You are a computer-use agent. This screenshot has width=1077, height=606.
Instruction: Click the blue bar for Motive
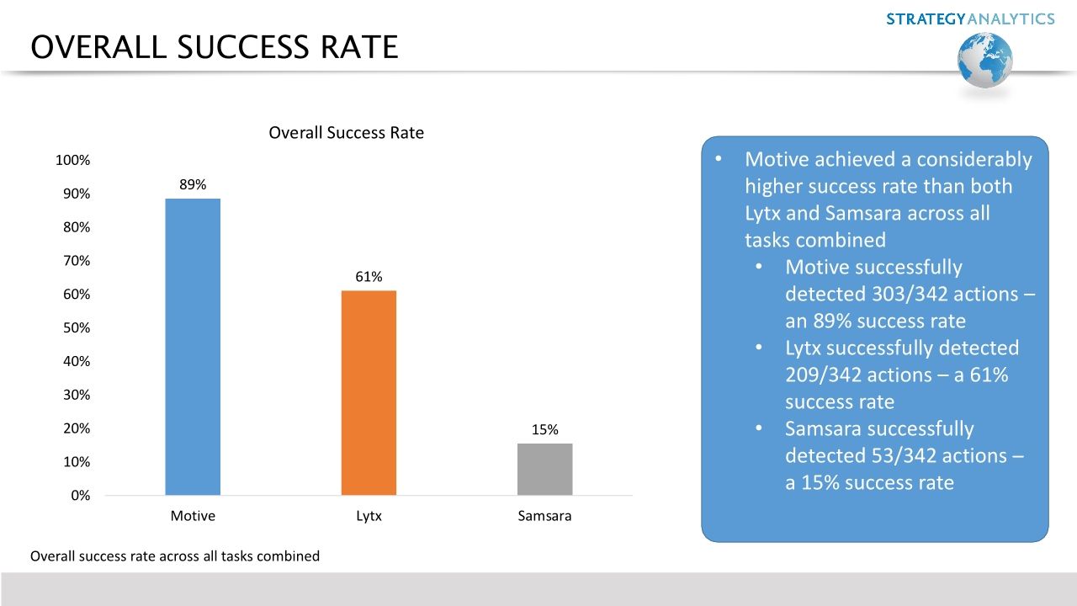pos(193,347)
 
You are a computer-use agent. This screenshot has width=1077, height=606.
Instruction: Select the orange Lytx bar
pos(369,392)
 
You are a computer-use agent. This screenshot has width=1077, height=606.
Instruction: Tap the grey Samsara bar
pos(544,469)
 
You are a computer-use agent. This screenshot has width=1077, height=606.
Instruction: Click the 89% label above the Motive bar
pos(193,184)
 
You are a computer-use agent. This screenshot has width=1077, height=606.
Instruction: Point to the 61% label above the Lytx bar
pos(369,277)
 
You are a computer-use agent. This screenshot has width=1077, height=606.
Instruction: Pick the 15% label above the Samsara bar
pos(544,429)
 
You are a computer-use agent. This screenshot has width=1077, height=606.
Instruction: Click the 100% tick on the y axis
pos(72,160)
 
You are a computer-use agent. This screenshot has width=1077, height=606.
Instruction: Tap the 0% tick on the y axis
pos(79,496)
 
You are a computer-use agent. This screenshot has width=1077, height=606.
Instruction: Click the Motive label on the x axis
pos(193,516)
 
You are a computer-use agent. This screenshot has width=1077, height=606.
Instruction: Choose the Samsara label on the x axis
pos(544,516)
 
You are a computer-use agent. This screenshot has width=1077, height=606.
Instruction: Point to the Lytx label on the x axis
pos(369,516)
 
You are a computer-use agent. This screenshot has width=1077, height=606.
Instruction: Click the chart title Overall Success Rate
pos(346,133)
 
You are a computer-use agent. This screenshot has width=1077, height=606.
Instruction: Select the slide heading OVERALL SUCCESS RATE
pos(214,47)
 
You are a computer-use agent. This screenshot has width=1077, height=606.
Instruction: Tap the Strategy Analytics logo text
pos(970,19)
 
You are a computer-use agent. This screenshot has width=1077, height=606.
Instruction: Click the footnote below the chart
pos(175,555)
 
